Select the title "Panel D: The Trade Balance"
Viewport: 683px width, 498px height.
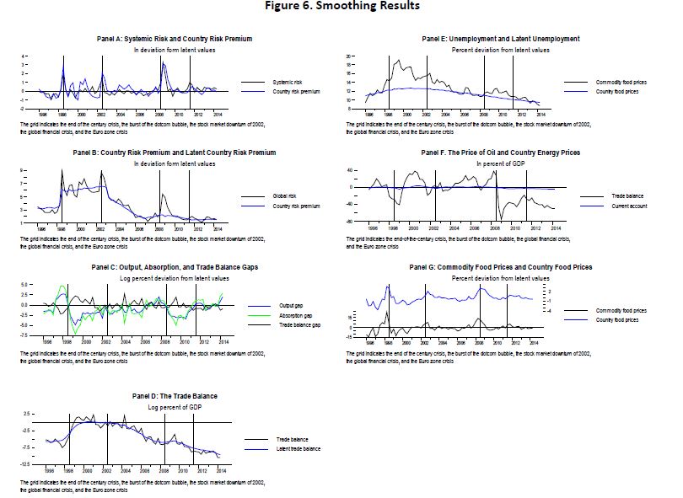[x=175, y=395]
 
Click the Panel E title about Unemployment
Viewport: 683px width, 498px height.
[x=501, y=39]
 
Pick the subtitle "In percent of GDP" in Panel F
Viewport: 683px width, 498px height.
[x=501, y=163]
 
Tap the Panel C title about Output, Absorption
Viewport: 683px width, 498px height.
[x=175, y=267]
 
